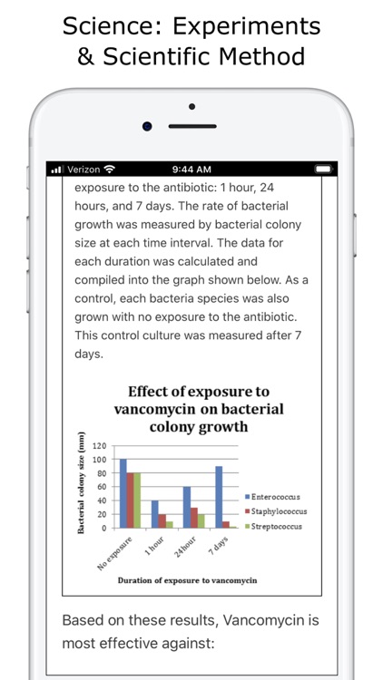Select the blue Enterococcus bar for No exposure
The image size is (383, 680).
(123, 493)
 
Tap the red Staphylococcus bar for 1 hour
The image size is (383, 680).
(162, 520)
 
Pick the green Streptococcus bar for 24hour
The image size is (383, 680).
(201, 520)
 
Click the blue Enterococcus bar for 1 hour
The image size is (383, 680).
(155, 514)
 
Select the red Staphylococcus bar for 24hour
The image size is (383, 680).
(194, 517)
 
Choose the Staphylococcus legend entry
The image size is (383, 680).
(283, 511)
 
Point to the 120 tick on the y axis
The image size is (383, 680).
(100, 446)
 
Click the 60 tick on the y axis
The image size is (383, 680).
(103, 487)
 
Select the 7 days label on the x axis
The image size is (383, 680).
(219, 546)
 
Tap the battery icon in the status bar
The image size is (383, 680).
(323, 170)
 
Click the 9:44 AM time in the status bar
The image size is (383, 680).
(191, 170)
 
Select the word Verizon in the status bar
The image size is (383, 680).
(83, 170)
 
